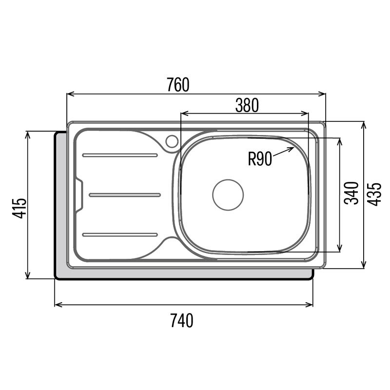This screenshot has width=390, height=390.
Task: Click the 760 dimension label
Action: coord(177,85)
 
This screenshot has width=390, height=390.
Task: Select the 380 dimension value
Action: coord(247,105)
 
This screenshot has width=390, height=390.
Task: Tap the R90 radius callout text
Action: coord(260,158)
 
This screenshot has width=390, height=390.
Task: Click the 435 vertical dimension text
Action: coord(374,194)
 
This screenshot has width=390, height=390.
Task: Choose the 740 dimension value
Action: coord(181,320)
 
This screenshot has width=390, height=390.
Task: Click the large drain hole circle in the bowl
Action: coord(228,195)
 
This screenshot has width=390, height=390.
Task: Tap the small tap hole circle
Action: coord(172,141)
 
